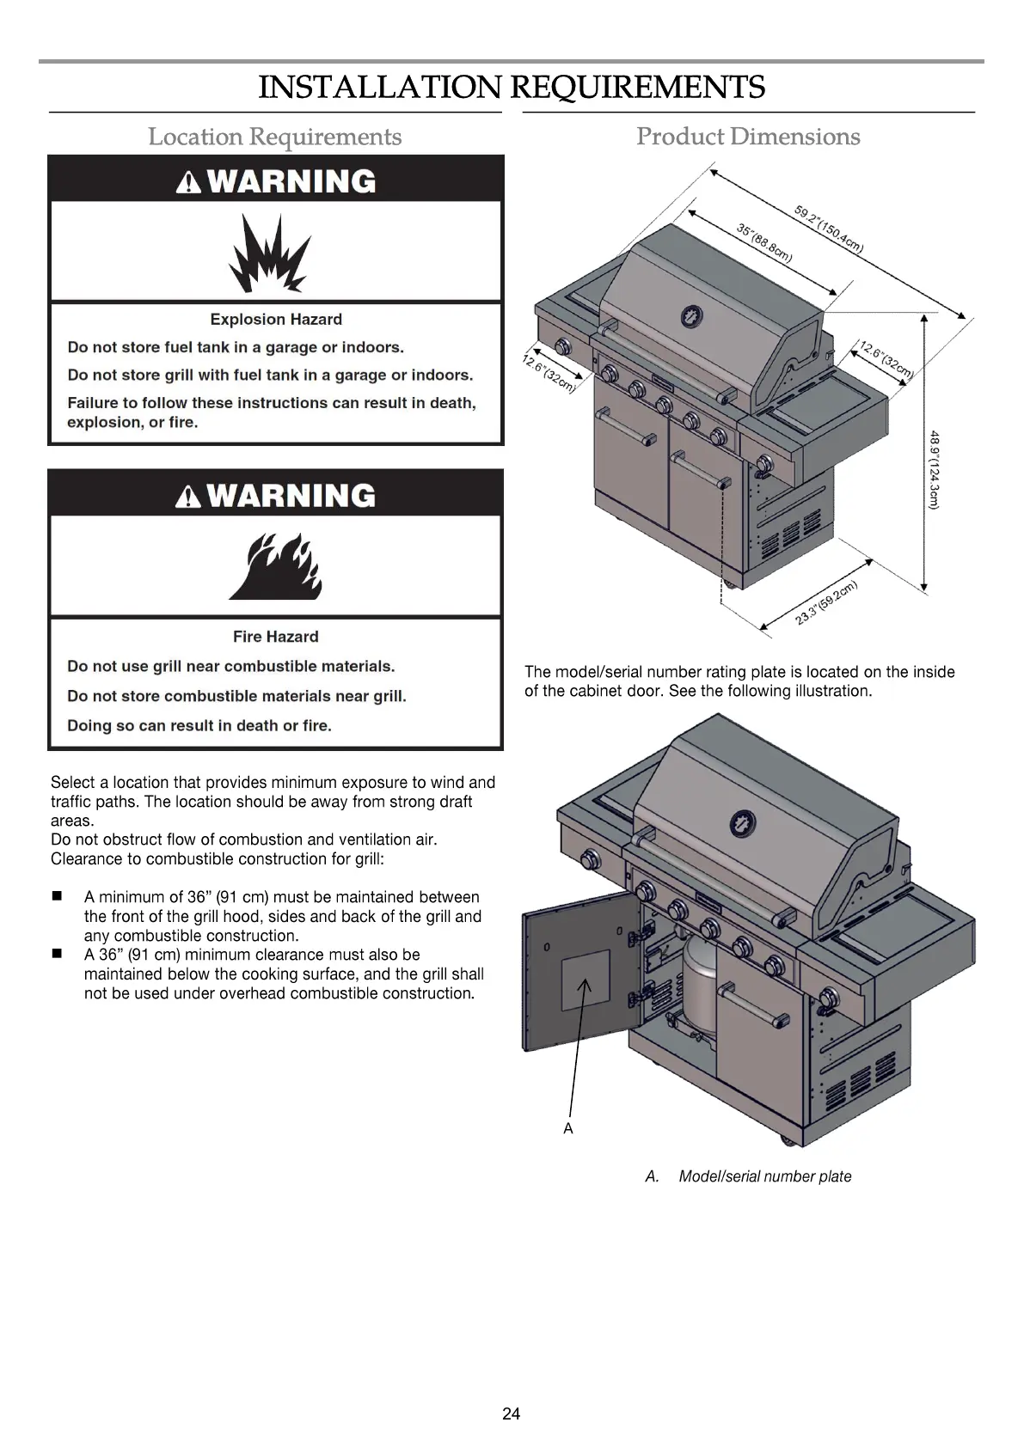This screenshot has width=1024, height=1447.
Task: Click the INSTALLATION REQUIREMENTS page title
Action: (512, 87)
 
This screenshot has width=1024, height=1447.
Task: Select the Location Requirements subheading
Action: (274, 137)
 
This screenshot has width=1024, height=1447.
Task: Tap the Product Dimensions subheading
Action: (748, 137)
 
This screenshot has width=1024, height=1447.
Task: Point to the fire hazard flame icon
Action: (275, 566)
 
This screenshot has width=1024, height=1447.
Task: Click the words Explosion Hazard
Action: (276, 320)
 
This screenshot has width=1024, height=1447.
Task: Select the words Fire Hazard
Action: (275, 637)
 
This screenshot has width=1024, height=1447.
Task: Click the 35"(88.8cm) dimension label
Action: (764, 242)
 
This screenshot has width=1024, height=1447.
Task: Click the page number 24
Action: (512, 1414)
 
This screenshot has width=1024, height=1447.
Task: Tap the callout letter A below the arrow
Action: (568, 1128)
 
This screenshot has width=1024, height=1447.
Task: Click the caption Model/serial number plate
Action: (764, 1176)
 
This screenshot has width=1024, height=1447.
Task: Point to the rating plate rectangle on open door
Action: (586, 980)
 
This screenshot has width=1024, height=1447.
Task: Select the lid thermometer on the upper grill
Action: (692, 316)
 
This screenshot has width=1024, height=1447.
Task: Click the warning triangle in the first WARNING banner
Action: (188, 182)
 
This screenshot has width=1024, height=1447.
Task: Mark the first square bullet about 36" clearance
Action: (58, 896)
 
